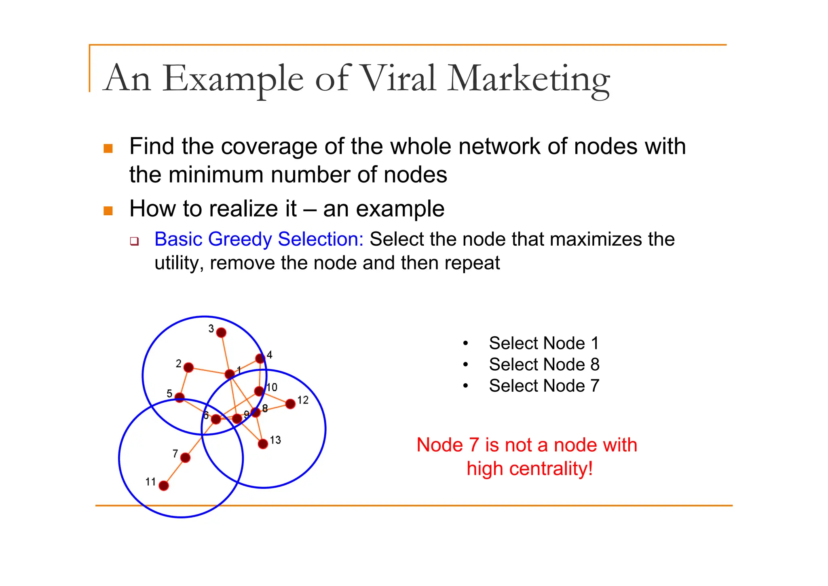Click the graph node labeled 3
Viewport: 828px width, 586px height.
221,333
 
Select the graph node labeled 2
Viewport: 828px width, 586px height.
188,367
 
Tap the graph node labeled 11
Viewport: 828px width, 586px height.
164,486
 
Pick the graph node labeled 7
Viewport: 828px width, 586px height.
186,458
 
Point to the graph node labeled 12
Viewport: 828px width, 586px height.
290,404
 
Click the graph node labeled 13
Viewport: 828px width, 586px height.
263,444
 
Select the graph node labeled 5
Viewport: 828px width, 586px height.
180,398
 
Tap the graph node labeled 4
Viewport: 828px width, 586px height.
260,359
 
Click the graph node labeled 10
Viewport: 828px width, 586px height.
259,391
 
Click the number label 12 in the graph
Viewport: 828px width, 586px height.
303,400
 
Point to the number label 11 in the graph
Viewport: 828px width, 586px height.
150,482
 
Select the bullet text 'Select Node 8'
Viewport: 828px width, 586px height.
544,365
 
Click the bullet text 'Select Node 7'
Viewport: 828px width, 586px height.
544,386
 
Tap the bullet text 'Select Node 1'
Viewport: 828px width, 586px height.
543,343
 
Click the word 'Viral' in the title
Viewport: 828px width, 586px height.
398,78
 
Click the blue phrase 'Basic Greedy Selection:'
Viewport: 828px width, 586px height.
259,239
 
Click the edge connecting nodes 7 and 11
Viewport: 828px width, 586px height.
175,472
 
